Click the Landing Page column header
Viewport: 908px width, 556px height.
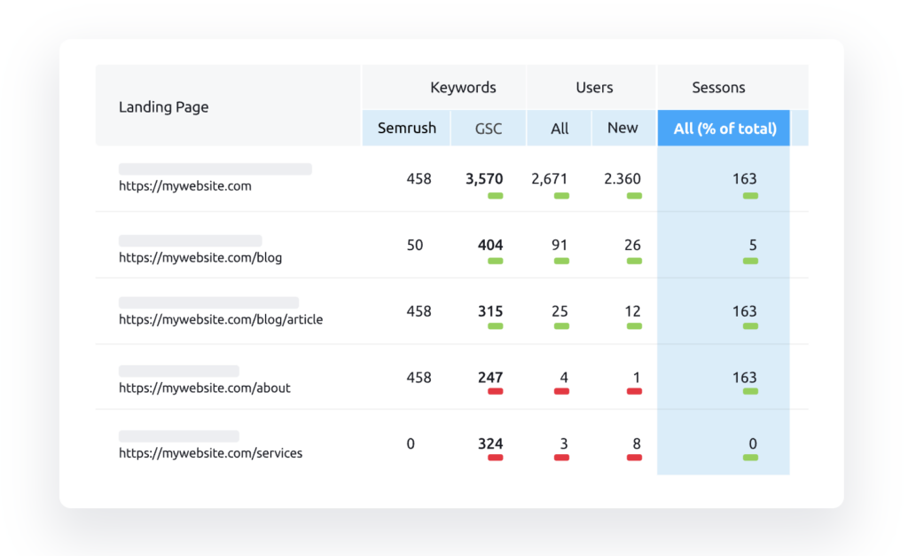pos(163,107)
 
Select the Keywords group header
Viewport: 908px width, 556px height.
pos(463,88)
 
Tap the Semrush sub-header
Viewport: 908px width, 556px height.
pos(406,128)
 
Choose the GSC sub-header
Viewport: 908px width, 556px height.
pos(489,129)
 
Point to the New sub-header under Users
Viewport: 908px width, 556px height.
pos(622,128)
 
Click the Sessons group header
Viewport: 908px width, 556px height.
pos(718,88)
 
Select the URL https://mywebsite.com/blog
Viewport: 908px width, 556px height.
pos(200,257)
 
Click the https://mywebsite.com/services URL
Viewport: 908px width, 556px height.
pos(210,453)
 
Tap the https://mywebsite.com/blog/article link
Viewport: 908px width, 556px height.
pos(221,320)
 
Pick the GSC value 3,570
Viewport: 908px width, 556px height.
pos(484,179)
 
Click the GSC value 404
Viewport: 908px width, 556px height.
pos(489,245)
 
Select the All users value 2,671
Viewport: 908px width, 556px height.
pos(549,179)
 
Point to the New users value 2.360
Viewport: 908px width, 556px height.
pos(622,179)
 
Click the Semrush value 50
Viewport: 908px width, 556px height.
pos(415,245)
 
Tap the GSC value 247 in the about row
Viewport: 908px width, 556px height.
pos(489,378)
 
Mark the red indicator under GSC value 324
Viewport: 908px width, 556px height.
pos(495,458)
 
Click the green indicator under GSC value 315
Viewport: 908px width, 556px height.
pos(495,326)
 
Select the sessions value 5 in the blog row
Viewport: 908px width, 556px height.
pos(753,245)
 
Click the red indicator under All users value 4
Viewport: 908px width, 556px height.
pos(561,392)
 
